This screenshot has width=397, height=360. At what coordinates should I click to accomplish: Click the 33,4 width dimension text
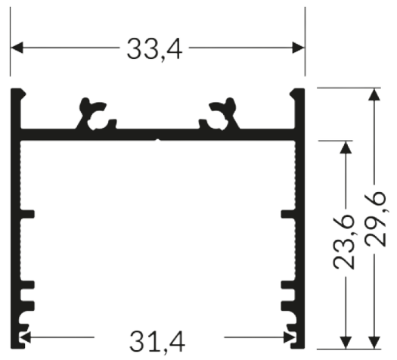(x=154, y=48)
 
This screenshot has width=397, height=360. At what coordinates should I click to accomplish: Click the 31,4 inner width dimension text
(x=157, y=342)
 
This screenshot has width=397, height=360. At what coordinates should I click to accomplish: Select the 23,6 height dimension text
(x=343, y=243)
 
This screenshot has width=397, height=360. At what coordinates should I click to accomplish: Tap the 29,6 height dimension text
(x=375, y=219)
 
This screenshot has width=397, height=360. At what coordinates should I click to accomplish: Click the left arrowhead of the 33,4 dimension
(x=17, y=48)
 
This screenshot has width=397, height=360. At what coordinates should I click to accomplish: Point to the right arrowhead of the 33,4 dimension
(x=298, y=48)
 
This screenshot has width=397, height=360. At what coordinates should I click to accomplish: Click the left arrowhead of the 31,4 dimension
(x=25, y=337)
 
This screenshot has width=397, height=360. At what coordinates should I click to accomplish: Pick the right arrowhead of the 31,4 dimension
(x=290, y=337)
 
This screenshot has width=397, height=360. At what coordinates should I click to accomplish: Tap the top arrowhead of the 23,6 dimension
(x=346, y=147)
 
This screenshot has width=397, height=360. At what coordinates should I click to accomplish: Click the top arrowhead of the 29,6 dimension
(x=374, y=95)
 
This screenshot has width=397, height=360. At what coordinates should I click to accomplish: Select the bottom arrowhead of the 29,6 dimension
(x=374, y=343)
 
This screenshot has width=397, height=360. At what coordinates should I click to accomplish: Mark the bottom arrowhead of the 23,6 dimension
(x=346, y=343)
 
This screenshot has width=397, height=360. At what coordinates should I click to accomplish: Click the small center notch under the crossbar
(x=158, y=140)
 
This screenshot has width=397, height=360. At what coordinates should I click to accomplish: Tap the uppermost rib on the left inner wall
(x=27, y=214)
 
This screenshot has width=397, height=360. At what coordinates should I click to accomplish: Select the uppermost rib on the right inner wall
(x=288, y=214)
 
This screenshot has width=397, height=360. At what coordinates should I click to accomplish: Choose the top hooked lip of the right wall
(x=297, y=93)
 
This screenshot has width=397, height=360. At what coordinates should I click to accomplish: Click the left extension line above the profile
(x=11, y=42)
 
